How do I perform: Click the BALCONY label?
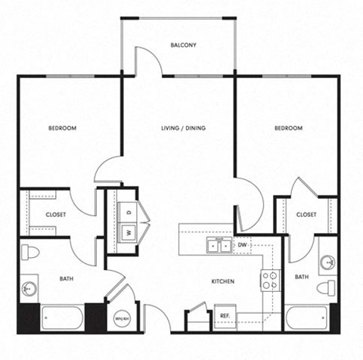point(183,45)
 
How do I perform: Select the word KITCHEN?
point(223,281)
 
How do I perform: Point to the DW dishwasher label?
point(243,245)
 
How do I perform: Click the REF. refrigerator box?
point(225,315)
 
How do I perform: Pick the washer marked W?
point(128,232)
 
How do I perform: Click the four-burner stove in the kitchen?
point(270,281)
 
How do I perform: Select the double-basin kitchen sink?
point(219,245)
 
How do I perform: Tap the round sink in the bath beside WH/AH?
point(29,288)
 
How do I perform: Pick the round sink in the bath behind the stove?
point(327,263)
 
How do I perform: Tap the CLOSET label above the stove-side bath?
point(306,214)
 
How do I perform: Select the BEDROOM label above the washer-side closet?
point(63,128)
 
